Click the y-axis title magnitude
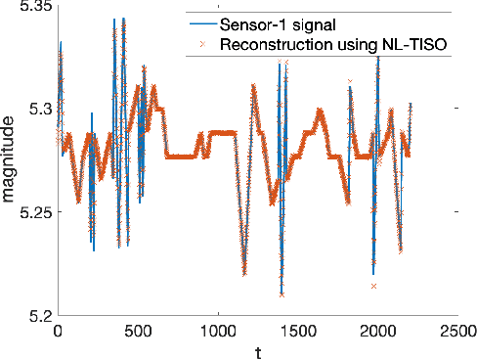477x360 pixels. [x=9, y=160]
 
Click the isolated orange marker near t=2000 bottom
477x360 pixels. [x=373, y=286]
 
